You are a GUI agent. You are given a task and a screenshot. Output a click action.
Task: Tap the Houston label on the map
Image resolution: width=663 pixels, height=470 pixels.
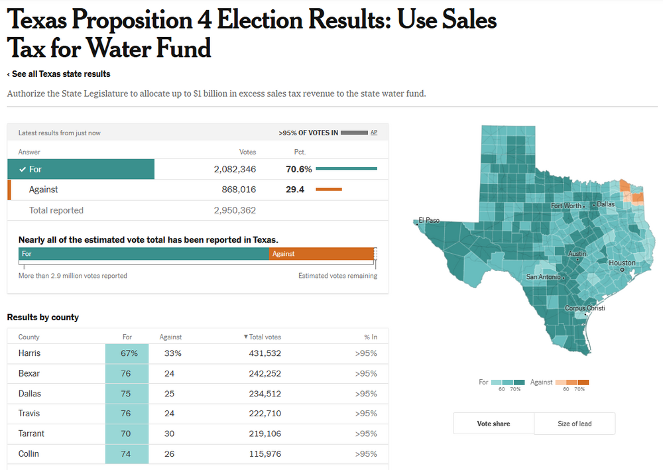pyautogui.click(x=622, y=263)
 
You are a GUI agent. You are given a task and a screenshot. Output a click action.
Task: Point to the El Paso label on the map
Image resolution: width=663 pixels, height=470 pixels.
pyautogui.click(x=429, y=220)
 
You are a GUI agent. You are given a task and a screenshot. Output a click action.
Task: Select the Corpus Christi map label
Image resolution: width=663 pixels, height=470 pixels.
pyautogui.click(x=585, y=308)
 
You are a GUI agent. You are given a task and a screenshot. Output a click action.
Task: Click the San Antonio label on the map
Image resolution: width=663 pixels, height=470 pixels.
pyautogui.click(x=544, y=276)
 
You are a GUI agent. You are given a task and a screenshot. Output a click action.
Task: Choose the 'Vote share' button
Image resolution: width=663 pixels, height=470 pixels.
pyautogui.click(x=493, y=424)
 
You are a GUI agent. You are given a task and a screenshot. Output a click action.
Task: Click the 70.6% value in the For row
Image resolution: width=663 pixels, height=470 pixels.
pyautogui.click(x=299, y=169)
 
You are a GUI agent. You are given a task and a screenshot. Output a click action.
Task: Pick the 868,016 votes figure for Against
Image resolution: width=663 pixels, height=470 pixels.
pyautogui.click(x=239, y=190)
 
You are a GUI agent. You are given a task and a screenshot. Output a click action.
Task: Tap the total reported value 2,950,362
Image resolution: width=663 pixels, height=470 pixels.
pyautogui.click(x=235, y=210)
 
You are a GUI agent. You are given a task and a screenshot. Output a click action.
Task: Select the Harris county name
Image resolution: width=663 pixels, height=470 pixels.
pyautogui.click(x=30, y=353)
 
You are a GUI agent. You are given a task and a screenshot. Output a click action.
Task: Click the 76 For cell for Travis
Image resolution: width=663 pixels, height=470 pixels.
pyautogui.click(x=127, y=414)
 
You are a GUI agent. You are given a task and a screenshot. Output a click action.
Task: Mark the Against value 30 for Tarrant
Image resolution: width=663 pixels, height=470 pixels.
pyautogui.click(x=170, y=434)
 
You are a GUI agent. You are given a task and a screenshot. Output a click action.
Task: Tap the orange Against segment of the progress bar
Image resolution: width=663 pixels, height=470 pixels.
pyautogui.click(x=322, y=254)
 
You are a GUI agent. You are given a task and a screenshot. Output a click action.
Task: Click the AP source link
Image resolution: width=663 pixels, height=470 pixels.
pyautogui.click(x=374, y=133)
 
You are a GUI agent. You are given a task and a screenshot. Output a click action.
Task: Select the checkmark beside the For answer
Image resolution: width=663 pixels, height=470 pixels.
pyautogui.click(x=23, y=169)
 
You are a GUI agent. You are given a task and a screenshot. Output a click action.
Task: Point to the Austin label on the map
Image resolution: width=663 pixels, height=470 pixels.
pyautogui.click(x=577, y=254)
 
